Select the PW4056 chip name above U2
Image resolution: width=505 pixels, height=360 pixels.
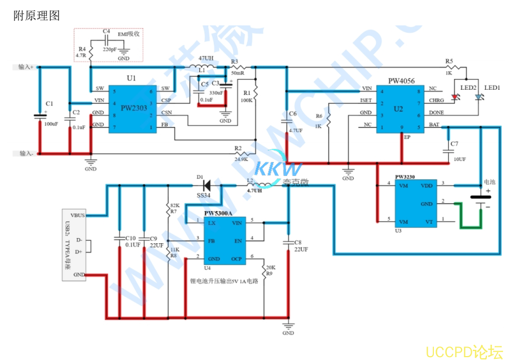tap(401, 81)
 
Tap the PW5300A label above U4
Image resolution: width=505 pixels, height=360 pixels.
tap(218, 214)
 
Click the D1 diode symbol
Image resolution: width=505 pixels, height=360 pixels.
tap(206, 185)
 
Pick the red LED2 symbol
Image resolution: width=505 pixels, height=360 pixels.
tap(455, 96)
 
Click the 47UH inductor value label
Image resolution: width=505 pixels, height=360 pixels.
tap(206, 58)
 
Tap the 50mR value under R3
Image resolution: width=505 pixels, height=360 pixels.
tap(238, 73)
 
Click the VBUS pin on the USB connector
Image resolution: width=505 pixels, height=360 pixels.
tap(78, 216)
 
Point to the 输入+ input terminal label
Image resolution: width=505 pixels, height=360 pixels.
tap(26, 67)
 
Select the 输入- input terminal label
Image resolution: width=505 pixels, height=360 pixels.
tap(26, 153)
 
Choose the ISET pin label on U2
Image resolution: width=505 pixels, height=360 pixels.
tap(366, 100)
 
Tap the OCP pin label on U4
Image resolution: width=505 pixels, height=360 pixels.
tap(236, 259)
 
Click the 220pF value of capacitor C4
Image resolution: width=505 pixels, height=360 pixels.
tap(110, 50)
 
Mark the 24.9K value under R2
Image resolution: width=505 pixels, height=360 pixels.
tap(241, 159)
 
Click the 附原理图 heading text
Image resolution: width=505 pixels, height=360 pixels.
tap(36, 15)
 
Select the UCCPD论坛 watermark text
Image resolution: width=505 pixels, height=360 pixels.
tap(462, 351)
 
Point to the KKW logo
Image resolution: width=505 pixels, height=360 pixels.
tap(278, 168)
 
